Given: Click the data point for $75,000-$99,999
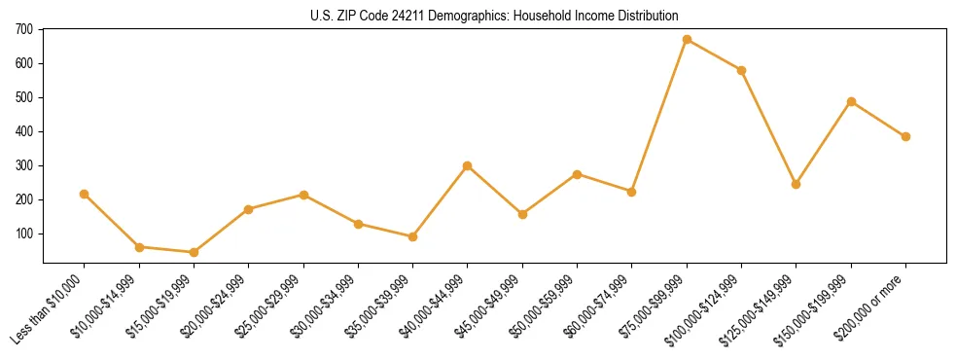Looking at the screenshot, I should coord(687,40).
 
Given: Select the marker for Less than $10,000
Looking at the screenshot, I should coord(85,194).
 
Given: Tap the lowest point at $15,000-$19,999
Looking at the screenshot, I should coord(194,252).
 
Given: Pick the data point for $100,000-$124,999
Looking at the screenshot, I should coord(741,70).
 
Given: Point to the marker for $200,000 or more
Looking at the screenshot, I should coord(905,136).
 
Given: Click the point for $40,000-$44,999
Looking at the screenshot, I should coord(468,165).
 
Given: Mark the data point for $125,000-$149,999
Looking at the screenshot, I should coord(796,184).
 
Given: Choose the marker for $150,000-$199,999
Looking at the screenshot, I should coord(851,101).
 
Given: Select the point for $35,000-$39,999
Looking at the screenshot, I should coord(412,236).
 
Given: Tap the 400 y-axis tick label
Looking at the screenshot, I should coord(25,131).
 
